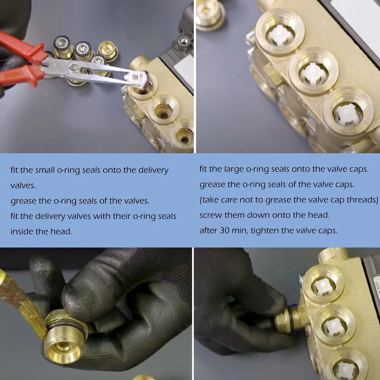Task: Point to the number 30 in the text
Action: click(225, 231)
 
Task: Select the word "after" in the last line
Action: click(209, 231)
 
